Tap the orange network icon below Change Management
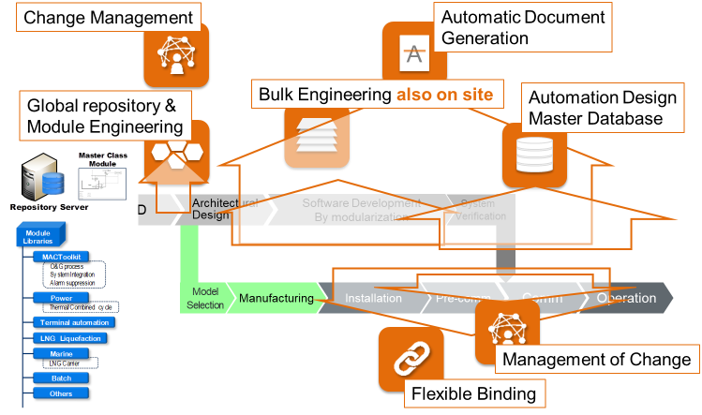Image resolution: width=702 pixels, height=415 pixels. tap(176, 55)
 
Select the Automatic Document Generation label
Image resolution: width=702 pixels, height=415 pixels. tap(522, 27)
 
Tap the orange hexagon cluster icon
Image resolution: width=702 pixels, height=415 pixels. tap(176, 151)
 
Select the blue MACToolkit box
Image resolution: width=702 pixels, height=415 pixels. tap(59, 256)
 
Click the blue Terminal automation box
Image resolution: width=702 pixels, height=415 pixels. tap(70, 321)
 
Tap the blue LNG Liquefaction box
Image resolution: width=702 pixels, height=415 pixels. tap(69, 338)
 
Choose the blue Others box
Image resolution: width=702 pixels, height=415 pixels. tap(61, 393)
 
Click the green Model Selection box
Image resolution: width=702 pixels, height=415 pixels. tap(202, 298)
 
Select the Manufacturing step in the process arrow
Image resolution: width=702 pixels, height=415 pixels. tap(276, 299)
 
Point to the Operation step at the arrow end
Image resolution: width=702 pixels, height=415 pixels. tap(626, 299)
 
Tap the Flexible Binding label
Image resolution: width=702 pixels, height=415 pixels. tap(474, 393)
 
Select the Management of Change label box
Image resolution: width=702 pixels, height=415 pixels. tap(596, 359)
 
